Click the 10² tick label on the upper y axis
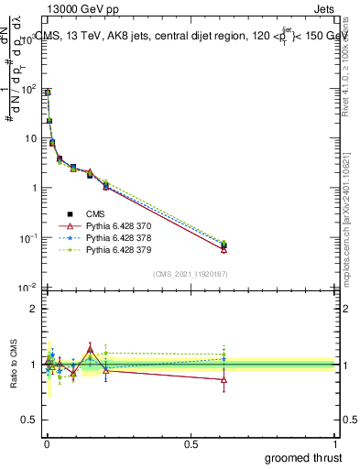point(29,89)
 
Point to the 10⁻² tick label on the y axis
point(28,288)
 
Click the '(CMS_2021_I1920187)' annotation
point(190,274)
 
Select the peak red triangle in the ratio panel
point(115,348)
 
